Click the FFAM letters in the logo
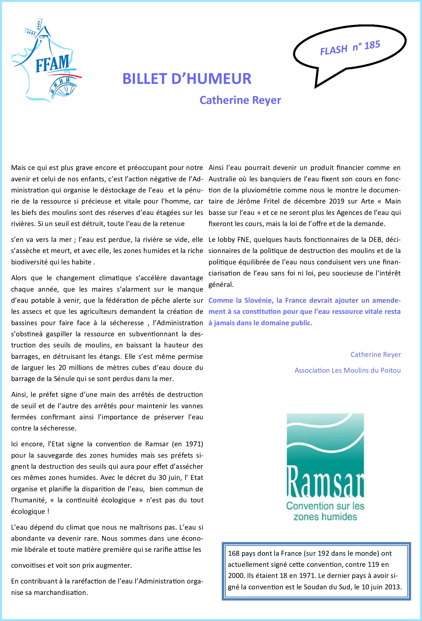(x=52, y=63)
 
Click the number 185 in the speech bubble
(x=372, y=45)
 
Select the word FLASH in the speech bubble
(x=333, y=50)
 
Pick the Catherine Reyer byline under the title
(x=240, y=100)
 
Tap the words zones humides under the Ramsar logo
(x=325, y=517)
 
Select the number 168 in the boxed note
(x=233, y=554)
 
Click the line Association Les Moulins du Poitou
(x=348, y=370)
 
